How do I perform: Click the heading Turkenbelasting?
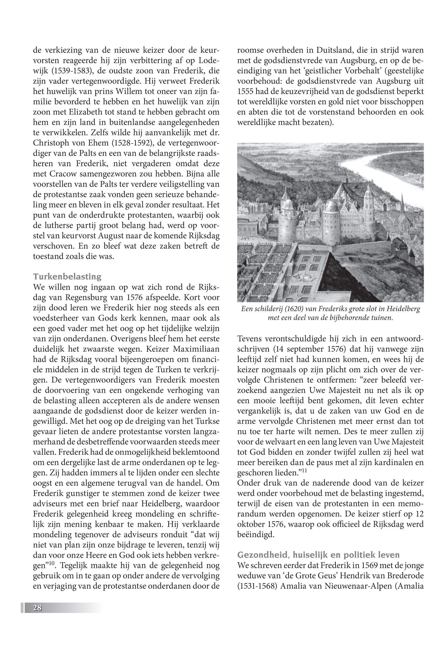click(67, 277)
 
